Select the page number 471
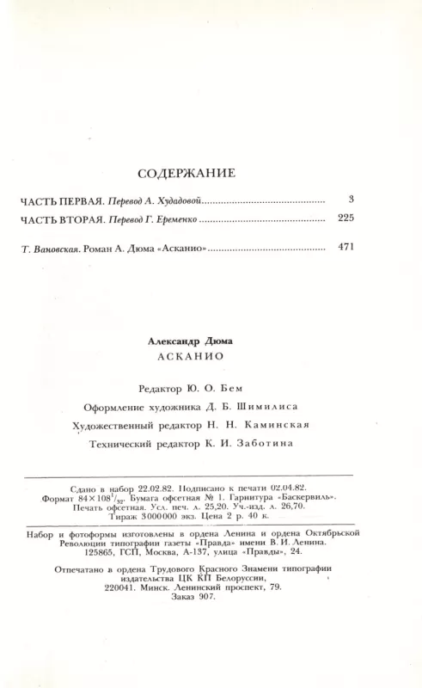(x=346, y=248)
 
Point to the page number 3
(x=352, y=200)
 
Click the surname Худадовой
(x=176, y=200)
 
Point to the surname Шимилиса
(x=254, y=407)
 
